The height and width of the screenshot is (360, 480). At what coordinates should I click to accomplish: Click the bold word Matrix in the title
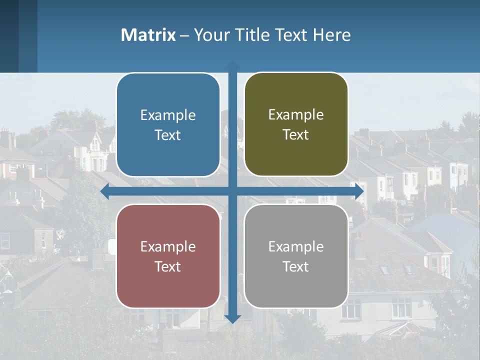tap(148, 35)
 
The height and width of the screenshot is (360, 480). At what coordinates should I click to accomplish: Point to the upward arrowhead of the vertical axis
tap(232, 65)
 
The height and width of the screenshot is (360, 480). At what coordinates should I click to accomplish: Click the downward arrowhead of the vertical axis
tap(232, 318)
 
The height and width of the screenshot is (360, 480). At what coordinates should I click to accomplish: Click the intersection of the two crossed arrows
tap(232, 191)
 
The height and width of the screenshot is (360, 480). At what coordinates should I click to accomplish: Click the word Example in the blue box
tap(168, 115)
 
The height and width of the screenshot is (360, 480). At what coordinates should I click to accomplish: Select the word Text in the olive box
tap(296, 135)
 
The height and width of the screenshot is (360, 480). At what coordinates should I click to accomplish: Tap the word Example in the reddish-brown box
tap(168, 246)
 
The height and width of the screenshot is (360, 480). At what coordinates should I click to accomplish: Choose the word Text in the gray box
tap(296, 266)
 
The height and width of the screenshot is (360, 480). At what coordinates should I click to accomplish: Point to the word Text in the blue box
tap(168, 135)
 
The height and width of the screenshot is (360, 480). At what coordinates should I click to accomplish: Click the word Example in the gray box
tap(296, 246)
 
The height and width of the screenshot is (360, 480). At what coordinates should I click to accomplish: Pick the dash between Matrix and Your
tap(184, 35)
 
